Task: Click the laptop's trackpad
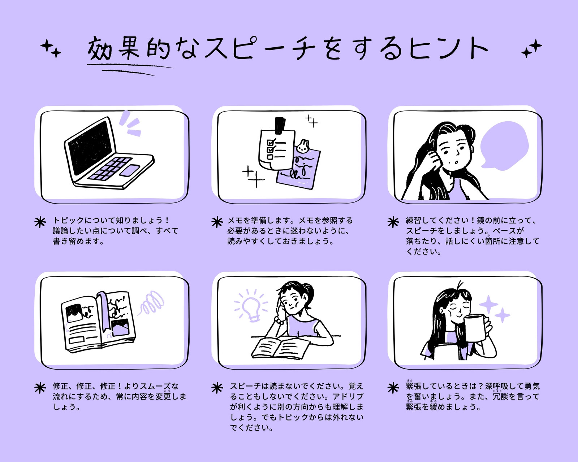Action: [129, 170]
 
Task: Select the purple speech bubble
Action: [504, 146]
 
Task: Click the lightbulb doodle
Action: [251, 308]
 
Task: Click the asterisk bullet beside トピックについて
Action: [40, 222]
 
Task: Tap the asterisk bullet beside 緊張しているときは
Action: [393, 388]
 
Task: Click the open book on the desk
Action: [280, 348]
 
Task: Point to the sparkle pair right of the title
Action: [531, 49]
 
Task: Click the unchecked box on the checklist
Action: [270, 157]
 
